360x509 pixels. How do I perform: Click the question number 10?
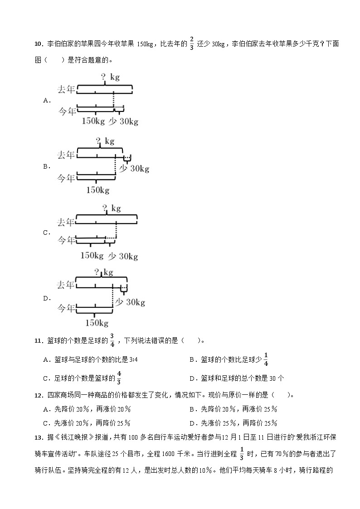pyautogui.click(x=38, y=44)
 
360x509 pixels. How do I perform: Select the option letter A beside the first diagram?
pyautogui.click(x=46, y=101)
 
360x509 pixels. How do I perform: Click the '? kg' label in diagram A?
pyautogui.click(x=110, y=77)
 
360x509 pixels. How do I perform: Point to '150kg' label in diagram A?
pyautogui.click(x=93, y=121)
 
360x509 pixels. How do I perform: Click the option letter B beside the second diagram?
pyautogui.click(x=46, y=166)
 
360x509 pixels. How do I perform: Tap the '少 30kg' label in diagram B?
pyautogui.click(x=134, y=169)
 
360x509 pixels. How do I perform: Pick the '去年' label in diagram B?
pyautogui.click(x=66, y=155)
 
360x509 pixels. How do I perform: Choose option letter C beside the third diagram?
pyautogui.click(x=46, y=233)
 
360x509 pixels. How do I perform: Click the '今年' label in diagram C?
pyautogui.click(x=66, y=240)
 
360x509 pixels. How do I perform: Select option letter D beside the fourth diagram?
pyautogui.click(x=46, y=298)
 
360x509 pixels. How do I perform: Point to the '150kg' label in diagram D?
pyautogui.click(x=97, y=323)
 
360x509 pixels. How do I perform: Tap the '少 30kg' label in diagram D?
pyautogui.click(x=130, y=302)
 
